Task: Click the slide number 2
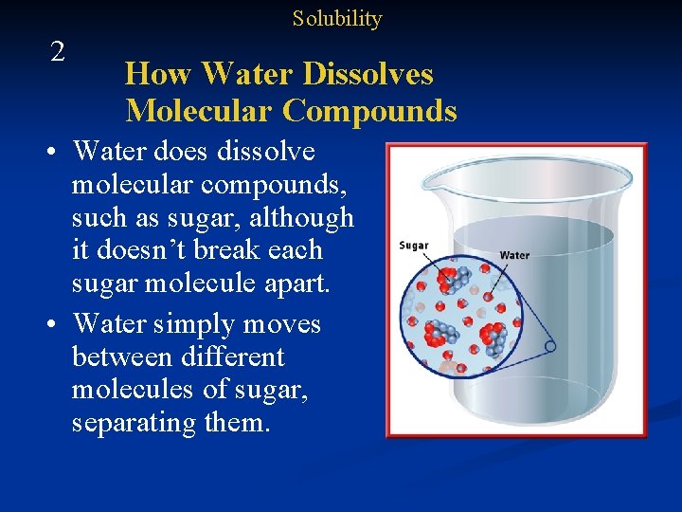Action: (x=58, y=52)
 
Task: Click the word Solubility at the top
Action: (x=336, y=18)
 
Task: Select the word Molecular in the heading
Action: (x=199, y=111)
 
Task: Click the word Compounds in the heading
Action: (x=369, y=111)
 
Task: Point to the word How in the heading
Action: (x=159, y=74)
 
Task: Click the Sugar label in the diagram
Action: (x=414, y=246)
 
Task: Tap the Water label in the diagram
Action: (x=514, y=255)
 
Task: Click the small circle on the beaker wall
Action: (x=550, y=347)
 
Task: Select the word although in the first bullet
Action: (x=305, y=218)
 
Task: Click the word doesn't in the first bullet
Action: (x=170, y=251)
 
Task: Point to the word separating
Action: (x=135, y=423)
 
